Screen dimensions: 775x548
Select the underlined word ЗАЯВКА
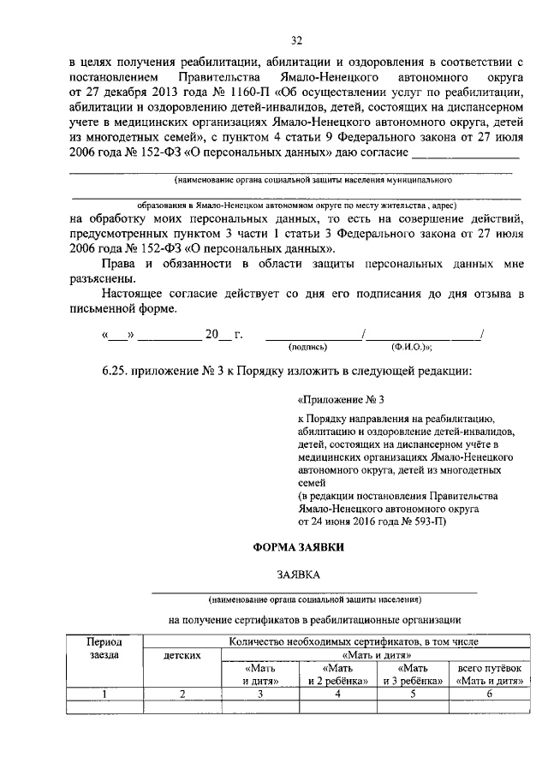point(295,576)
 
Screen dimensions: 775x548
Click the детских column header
point(182,655)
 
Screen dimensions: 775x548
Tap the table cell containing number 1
point(104,694)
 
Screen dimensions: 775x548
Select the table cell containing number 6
point(490,694)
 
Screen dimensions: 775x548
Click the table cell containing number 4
point(337,694)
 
